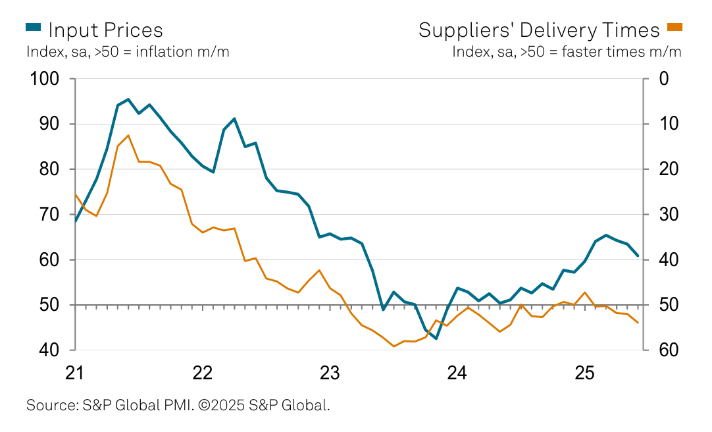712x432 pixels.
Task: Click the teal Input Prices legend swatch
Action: point(34,27)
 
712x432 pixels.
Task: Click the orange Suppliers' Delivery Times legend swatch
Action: point(675,27)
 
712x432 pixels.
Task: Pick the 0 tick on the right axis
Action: point(663,79)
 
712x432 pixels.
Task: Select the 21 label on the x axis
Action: point(75,373)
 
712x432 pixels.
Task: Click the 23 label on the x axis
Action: point(330,373)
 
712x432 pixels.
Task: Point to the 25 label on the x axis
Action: point(584,373)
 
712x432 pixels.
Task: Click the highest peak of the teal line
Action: point(128,99)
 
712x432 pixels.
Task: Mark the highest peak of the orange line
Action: point(128,135)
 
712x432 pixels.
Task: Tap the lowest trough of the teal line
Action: point(436,338)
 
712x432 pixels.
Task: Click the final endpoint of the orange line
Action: point(638,323)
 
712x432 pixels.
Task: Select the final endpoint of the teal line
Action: point(638,256)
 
